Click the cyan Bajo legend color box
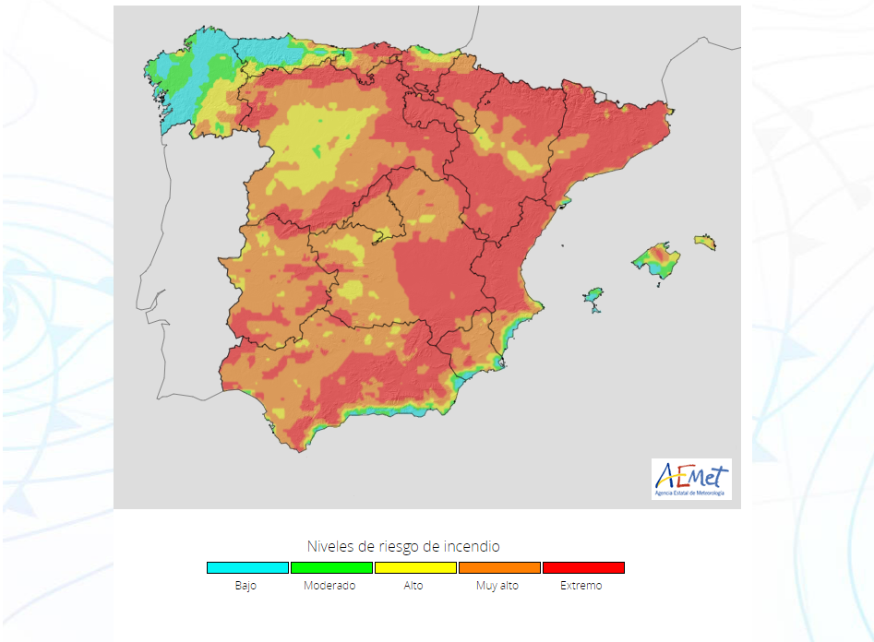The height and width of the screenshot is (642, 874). coord(247,568)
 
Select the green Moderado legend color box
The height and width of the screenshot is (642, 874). coord(331,568)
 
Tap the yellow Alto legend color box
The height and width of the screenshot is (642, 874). coord(415,568)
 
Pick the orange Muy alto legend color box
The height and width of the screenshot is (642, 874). coord(499,568)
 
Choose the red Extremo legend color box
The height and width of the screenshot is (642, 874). coord(583,568)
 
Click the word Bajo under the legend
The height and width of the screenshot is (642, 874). coord(245,586)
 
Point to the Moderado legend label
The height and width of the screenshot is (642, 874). coord(329,586)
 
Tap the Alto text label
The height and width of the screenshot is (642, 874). coord(413,586)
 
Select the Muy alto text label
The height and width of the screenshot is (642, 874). coord(497,586)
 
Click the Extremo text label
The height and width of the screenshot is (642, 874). coord(581,586)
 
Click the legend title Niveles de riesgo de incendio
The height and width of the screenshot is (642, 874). coord(403,546)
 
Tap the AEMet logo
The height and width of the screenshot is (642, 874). coord(691,480)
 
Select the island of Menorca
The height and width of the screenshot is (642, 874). coord(706,242)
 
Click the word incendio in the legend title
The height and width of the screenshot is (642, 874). coord(473,546)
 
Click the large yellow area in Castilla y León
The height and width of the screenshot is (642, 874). coord(323,138)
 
